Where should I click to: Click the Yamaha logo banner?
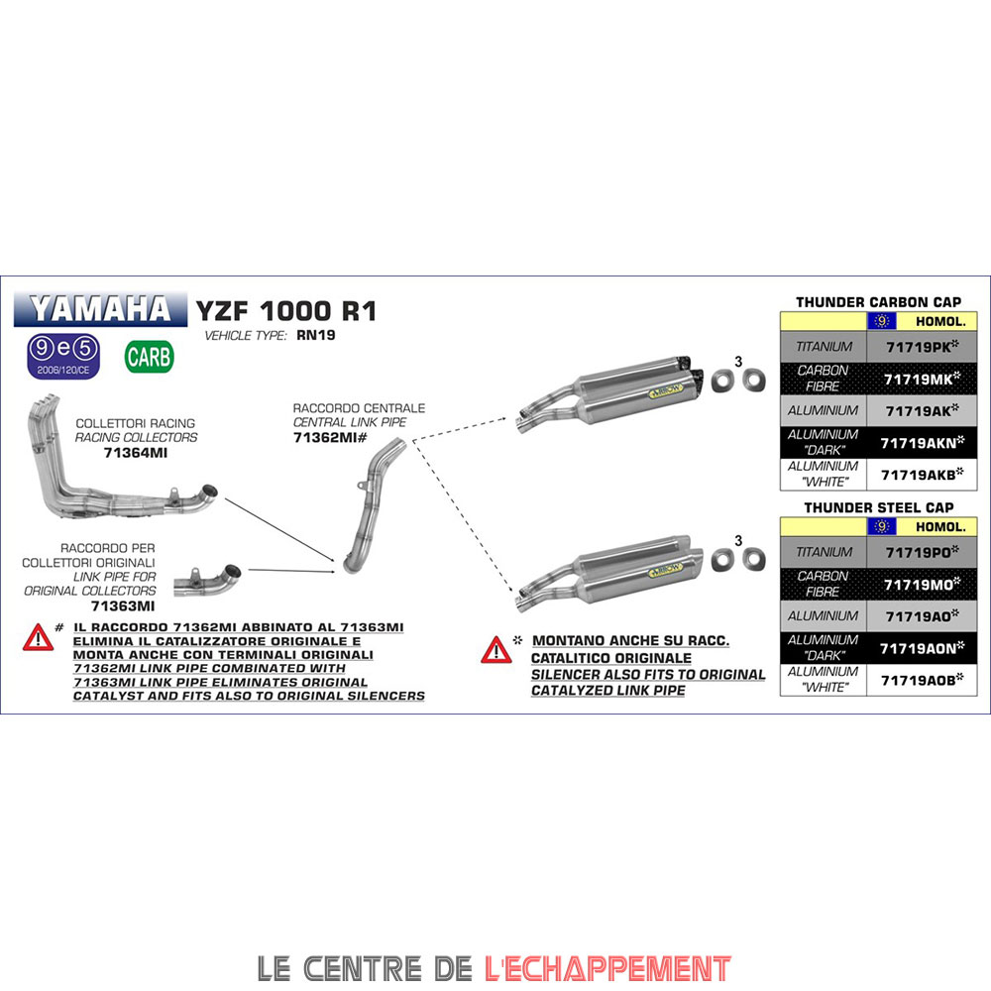[x=100, y=309]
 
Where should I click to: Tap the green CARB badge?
[x=150, y=357]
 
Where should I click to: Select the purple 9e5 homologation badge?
[x=63, y=357]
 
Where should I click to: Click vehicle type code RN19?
[x=316, y=335]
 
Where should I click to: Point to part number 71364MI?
[x=135, y=453]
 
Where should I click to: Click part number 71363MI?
[x=123, y=606]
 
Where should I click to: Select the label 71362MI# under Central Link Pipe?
[x=330, y=437]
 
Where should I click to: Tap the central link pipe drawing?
[x=375, y=505]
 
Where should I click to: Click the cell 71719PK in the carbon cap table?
[x=922, y=346]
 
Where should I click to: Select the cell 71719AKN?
[x=922, y=442]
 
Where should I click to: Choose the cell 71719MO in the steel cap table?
[x=922, y=585]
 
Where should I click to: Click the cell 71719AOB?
[x=922, y=680]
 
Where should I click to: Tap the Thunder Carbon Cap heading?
[x=878, y=302]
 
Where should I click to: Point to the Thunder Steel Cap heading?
[x=878, y=507]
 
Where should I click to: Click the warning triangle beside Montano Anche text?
[x=496, y=650]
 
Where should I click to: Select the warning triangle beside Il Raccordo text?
[x=38, y=637]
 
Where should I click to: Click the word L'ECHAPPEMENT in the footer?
[x=607, y=968]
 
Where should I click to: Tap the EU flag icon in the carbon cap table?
[x=882, y=321]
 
